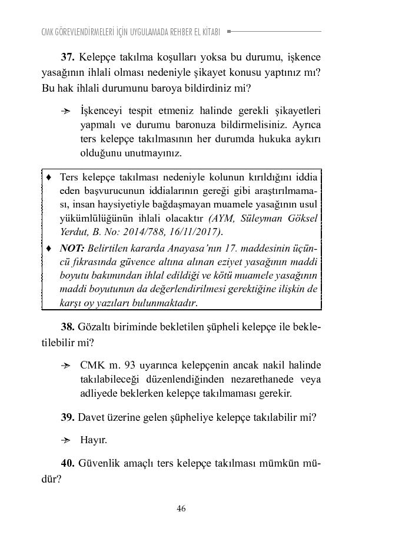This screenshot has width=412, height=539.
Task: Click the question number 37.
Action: tap(68, 58)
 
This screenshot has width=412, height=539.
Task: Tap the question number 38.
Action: tap(68, 326)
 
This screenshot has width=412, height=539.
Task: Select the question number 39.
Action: tap(68, 417)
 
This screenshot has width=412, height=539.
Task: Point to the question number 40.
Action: tap(68, 463)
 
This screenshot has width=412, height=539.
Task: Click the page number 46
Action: tap(181, 508)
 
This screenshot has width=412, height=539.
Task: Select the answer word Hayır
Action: tap(94, 440)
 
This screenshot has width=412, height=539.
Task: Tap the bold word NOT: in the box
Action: tap(72, 248)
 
